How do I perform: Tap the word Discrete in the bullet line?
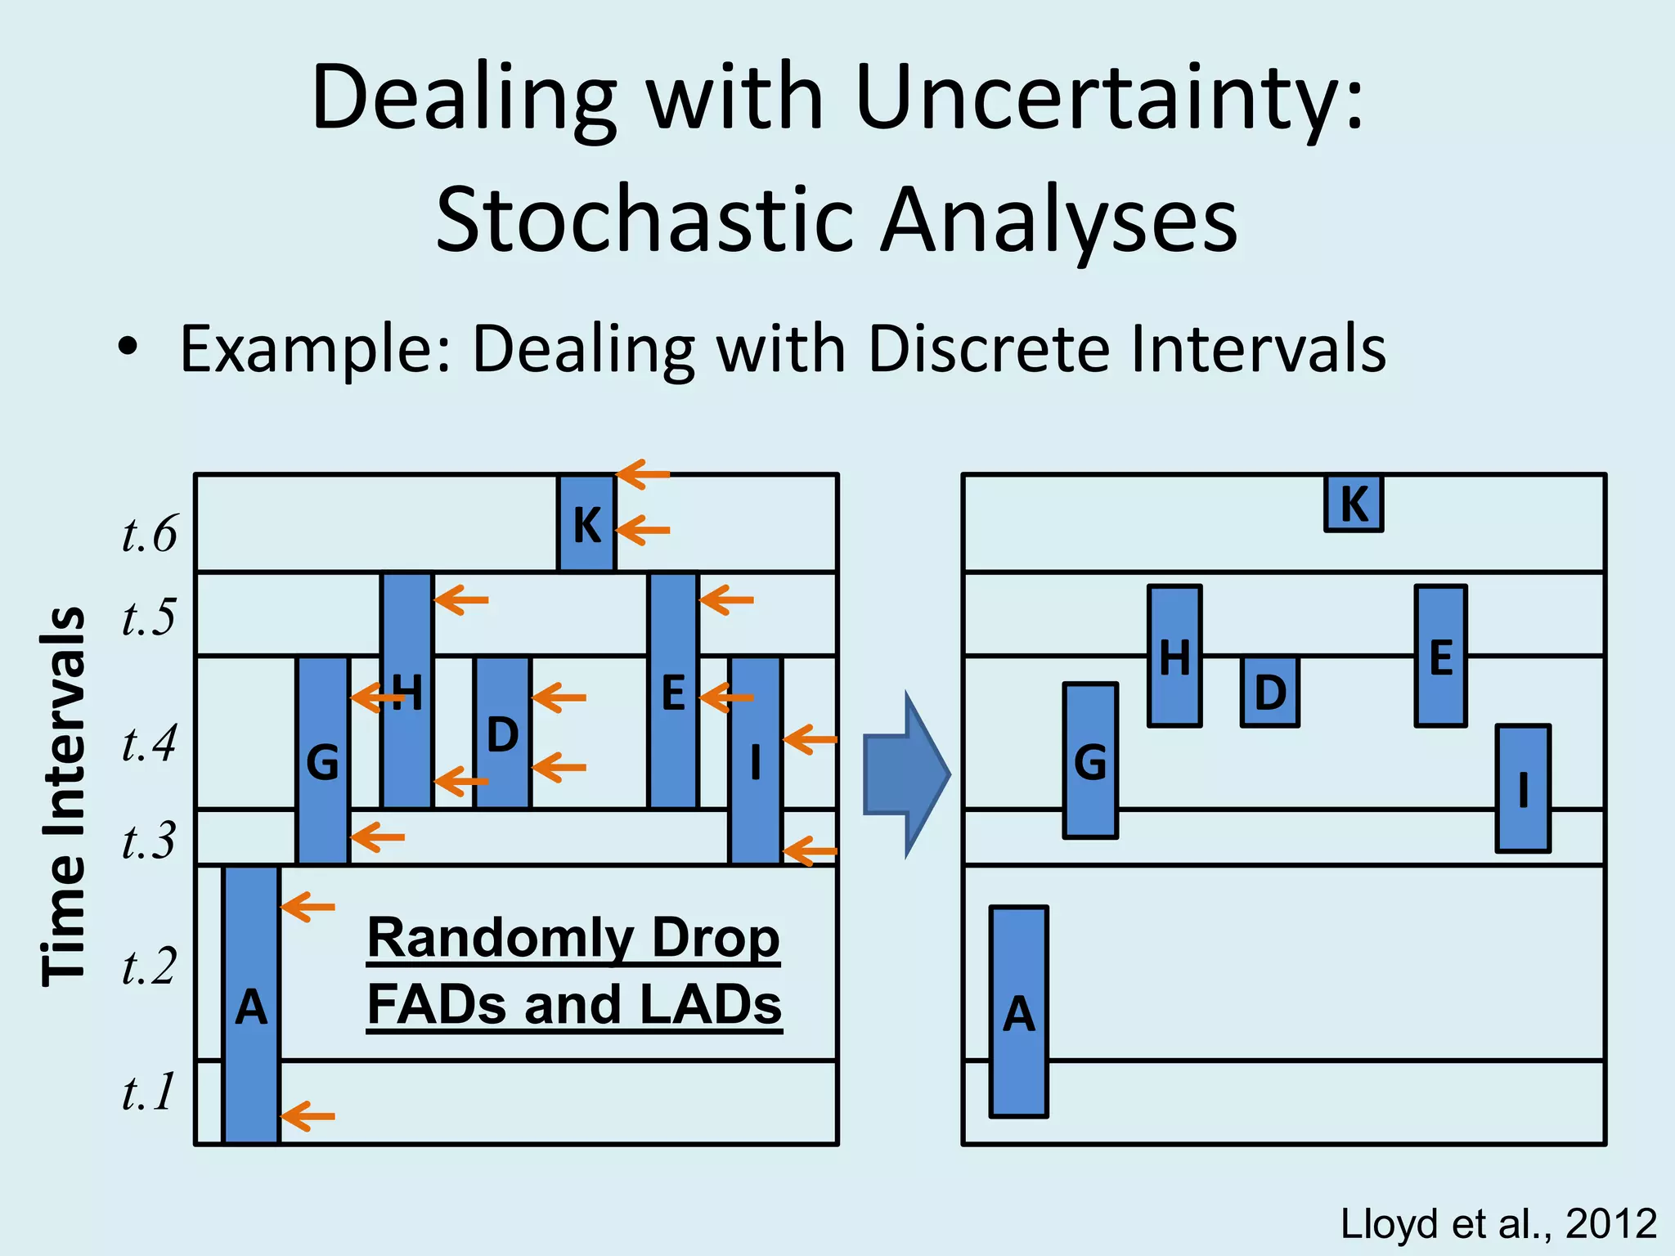[x=990, y=349]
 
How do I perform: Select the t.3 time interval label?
[x=149, y=841]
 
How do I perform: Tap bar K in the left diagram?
[x=586, y=523]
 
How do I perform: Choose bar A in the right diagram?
[x=1018, y=1012]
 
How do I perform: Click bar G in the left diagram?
[x=323, y=760]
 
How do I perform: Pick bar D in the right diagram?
[x=1269, y=692]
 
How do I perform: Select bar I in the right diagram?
[x=1522, y=789]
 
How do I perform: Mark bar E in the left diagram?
[x=673, y=691]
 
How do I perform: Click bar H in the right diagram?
[x=1174, y=656]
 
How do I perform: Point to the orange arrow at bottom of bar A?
[x=308, y=1116]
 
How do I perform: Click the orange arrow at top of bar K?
[x=643, y=473]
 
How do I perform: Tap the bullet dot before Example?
[x=127, y=348]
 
